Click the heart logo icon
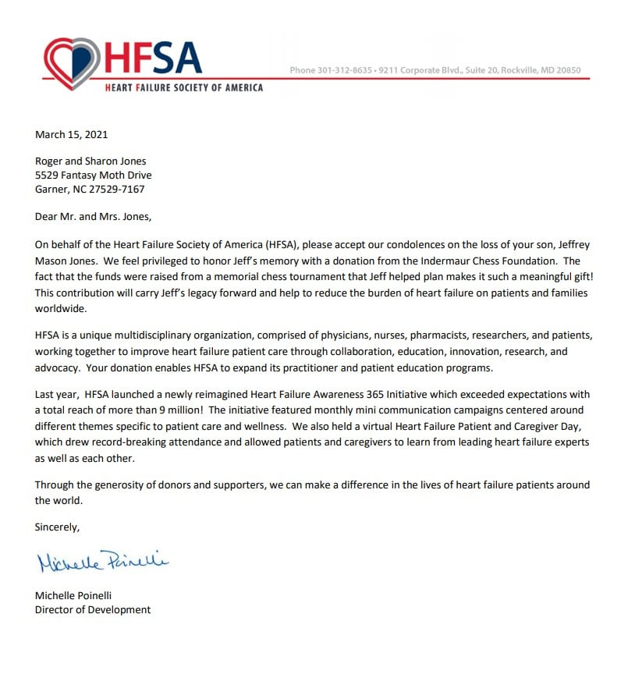(x=72, y=62)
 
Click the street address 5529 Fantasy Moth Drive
(x=93, y=176)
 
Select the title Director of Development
(x=93, y=609)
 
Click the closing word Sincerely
(x=57, y=527)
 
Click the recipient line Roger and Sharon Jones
(x=90, y=161)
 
